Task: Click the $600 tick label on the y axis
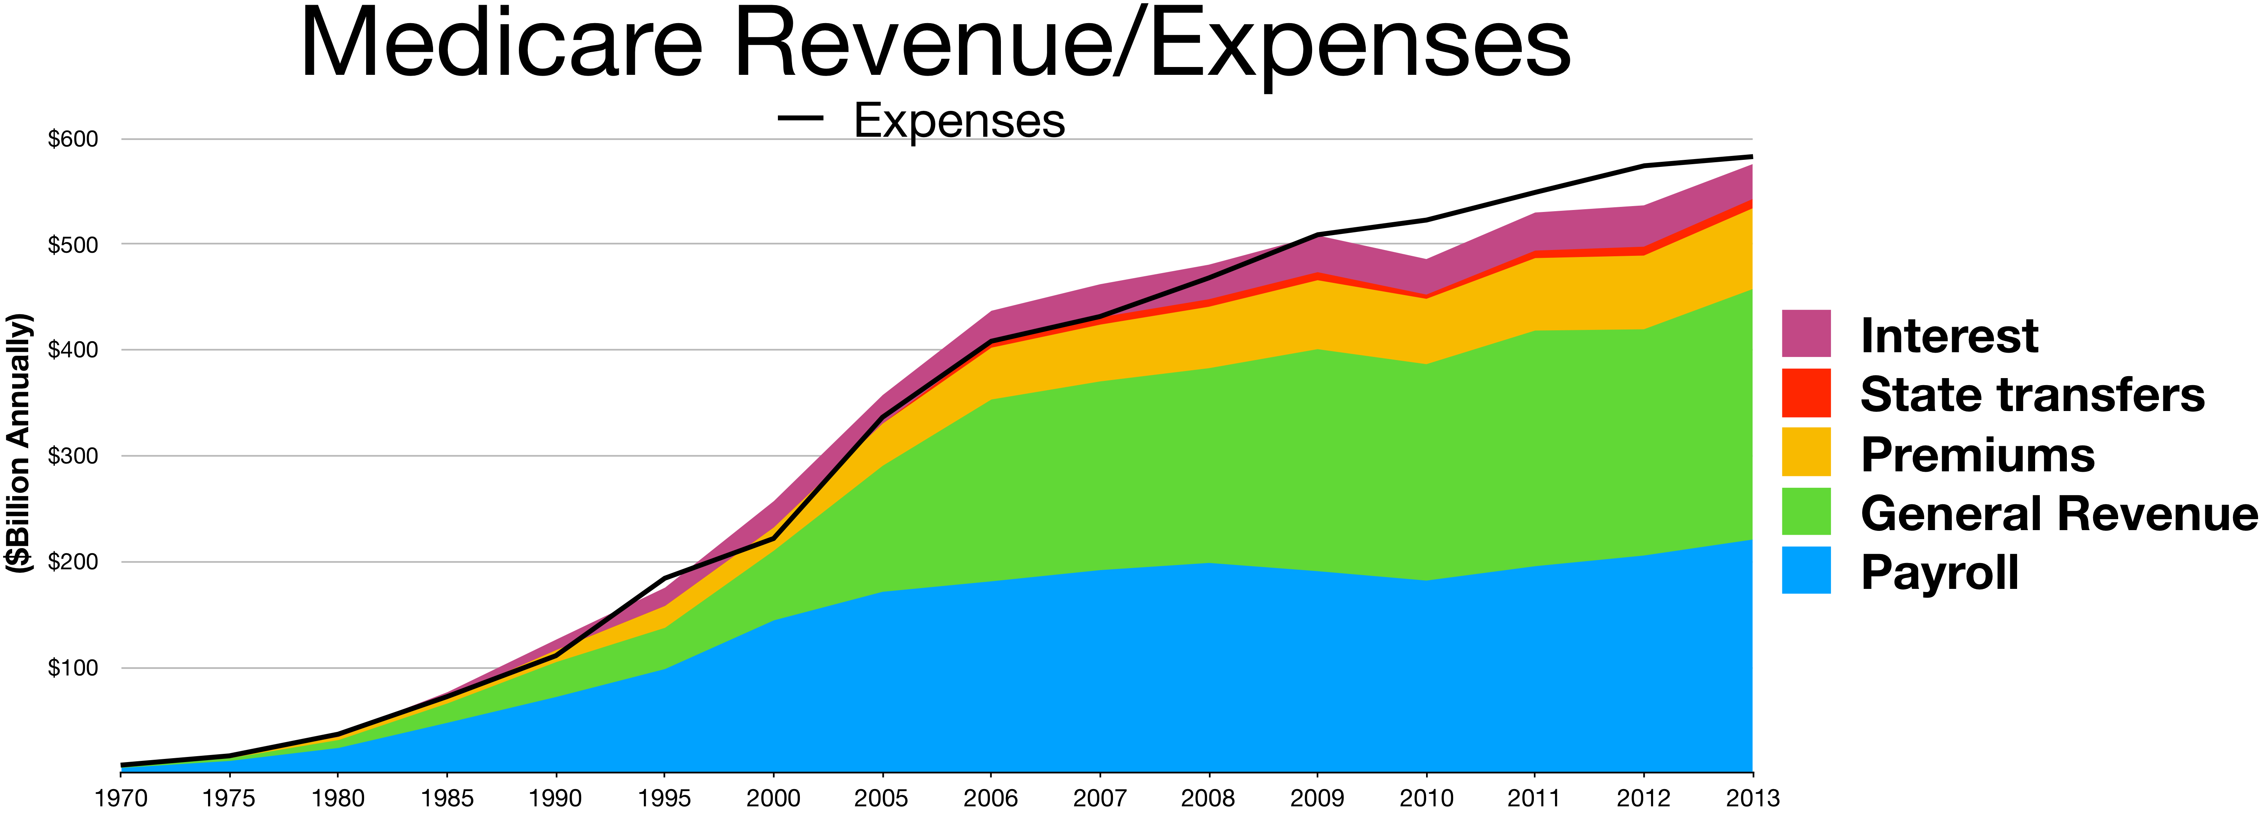[73, 139]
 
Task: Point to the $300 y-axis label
[73, 456]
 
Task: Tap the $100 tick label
[73, 668]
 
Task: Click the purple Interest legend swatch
[1806, 334]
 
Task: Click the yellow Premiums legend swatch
[1806, 452]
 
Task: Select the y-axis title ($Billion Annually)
[19, 444]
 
